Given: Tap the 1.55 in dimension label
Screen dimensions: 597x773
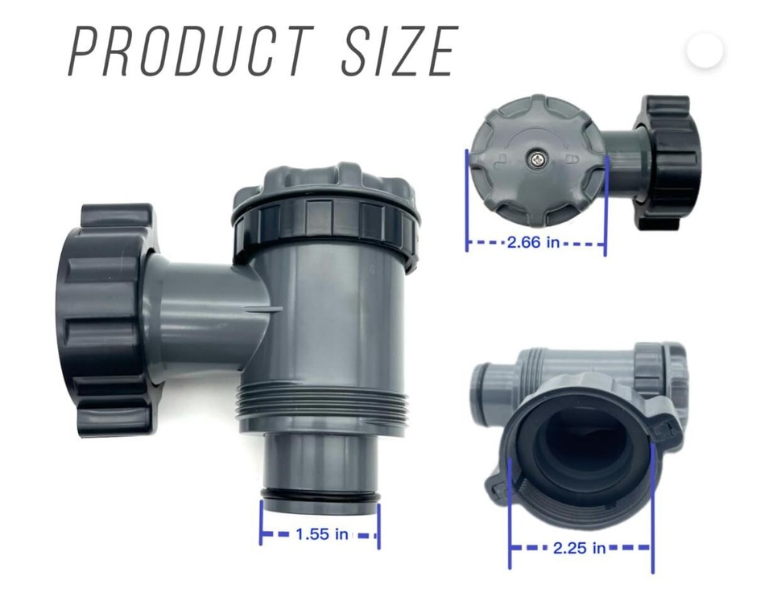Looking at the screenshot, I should pos(321,534).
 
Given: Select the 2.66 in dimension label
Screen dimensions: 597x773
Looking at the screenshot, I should pos(533,242).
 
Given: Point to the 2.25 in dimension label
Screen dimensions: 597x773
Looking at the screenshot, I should pos(579,549).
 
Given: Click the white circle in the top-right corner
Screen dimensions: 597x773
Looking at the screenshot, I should pos(705,51).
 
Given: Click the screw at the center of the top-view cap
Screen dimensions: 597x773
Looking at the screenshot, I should pos(536,160).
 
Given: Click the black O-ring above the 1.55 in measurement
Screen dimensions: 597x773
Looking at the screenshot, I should pos(320,495).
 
